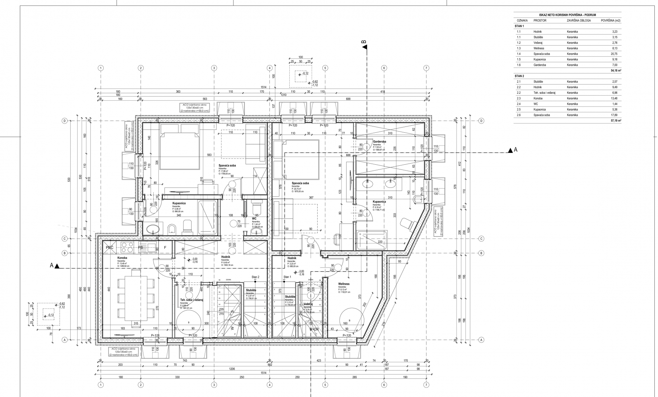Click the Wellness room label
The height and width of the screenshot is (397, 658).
344,284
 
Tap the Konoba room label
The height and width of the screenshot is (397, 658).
122,258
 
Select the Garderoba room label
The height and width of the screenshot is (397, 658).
379,142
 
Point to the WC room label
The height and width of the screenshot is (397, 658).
254,218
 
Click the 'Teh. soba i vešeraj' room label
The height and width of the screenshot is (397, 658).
192,300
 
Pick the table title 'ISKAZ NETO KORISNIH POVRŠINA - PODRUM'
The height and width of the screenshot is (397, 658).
567,15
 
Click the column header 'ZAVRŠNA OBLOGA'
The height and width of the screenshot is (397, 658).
579,21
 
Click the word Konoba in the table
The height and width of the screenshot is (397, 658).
538,98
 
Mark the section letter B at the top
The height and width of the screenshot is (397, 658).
364,44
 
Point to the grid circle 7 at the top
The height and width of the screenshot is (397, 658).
426,68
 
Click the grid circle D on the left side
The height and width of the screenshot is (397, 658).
64,121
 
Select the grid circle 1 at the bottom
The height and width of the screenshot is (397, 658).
101,385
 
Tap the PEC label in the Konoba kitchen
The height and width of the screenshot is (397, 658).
110,247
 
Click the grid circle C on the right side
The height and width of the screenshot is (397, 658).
481,239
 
